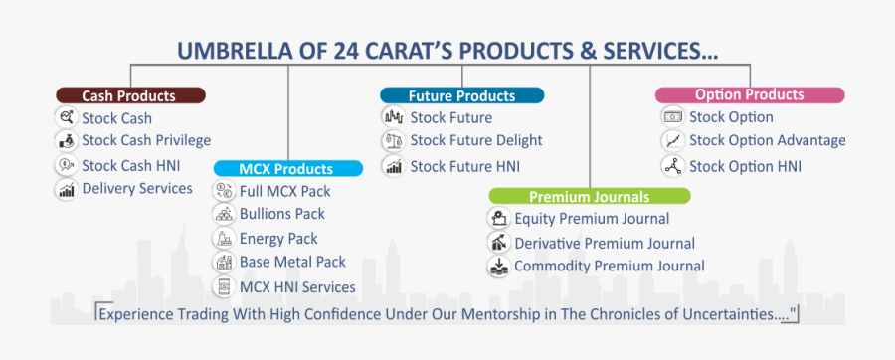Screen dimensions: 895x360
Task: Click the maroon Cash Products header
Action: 130,95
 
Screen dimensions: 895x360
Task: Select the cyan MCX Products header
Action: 288,168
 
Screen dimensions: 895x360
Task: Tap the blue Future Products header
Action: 461,95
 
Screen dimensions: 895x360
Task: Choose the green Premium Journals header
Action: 590,196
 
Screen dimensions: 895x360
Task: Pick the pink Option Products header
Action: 750,95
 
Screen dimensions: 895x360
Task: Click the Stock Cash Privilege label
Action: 146,140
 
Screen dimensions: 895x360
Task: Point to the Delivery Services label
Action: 137,188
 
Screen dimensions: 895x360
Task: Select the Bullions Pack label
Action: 282,214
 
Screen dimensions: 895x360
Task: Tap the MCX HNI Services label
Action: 297,287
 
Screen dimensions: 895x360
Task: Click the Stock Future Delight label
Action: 476,140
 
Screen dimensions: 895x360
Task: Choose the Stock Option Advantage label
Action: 768,140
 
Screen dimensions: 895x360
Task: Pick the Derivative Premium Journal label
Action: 605,244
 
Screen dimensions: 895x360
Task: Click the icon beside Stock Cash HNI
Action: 67,165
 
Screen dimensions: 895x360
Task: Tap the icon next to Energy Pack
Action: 222,238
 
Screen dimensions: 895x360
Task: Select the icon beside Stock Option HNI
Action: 672,166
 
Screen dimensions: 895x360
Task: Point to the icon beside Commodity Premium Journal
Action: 498,266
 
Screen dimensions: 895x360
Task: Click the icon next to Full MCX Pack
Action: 222,191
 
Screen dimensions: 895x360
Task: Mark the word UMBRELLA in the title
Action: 231,51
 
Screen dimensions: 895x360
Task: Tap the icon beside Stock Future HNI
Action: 393,166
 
